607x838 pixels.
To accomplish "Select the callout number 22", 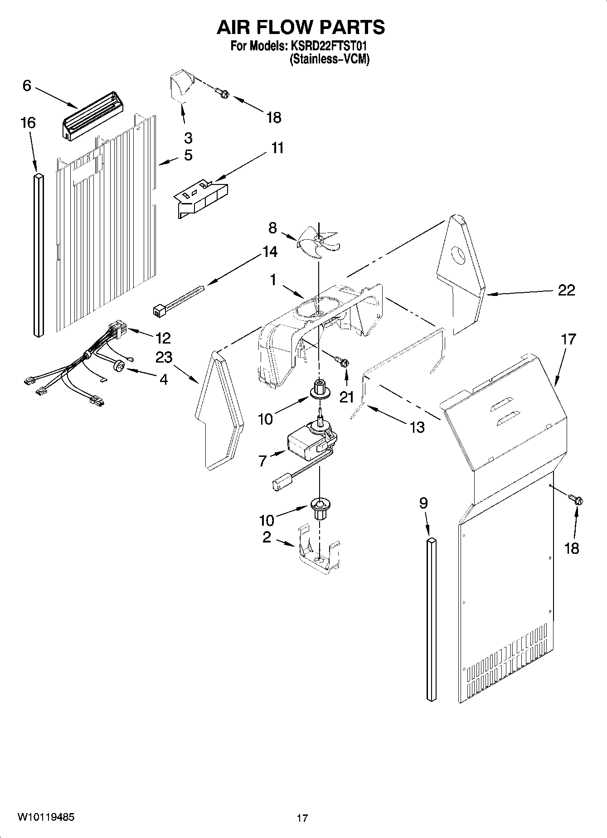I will point(566,290).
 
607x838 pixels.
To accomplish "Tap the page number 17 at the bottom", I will point(302,818).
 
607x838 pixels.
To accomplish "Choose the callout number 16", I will point(28,122).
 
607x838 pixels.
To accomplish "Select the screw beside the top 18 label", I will point(223,94).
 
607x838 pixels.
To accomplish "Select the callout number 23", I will point(164,358).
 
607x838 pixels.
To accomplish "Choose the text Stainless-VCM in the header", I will point(330,59).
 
